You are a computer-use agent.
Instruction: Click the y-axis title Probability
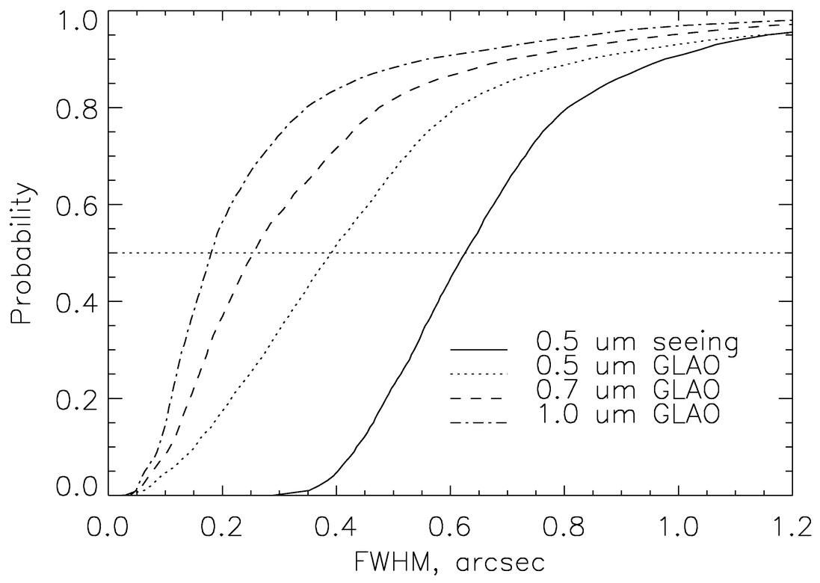click(x=22, y=254)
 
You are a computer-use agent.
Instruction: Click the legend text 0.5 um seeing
click(x=637, y=342)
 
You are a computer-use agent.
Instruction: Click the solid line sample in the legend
click(x=478, y=349)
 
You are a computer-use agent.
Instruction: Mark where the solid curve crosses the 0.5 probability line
click(x=466, y=253)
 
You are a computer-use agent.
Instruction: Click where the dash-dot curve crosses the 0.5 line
click(x=210, y=253)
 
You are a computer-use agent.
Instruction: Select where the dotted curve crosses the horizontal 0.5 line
click(x=329, y=253)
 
